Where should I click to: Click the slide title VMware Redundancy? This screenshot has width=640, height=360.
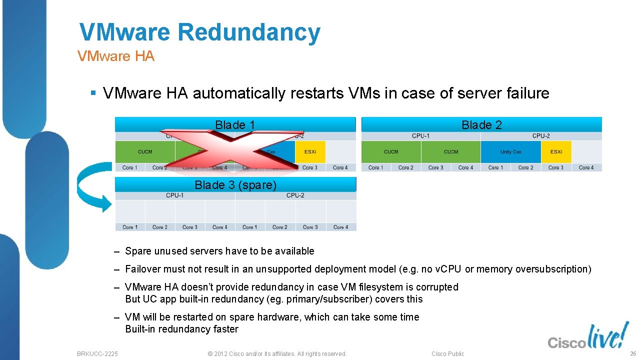(200, 32)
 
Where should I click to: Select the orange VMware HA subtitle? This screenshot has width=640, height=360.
(116, 56)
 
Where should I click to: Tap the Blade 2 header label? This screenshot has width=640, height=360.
(481, 125)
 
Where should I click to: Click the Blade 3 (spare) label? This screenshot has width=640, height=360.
(235, 185)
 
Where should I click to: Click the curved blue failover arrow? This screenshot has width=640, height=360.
(92, 187)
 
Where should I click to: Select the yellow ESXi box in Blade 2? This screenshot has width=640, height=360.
(556, 152)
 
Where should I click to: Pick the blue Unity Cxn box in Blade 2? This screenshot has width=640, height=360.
(510, 152)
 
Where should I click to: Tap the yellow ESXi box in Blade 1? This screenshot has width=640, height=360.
(310, 152)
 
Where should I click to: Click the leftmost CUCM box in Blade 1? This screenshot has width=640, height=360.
(145, 152)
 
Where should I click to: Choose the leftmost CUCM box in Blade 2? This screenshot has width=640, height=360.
(391, 152)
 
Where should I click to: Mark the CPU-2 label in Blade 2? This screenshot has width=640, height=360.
(541, 136)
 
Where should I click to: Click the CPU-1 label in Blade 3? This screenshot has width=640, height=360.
(175, 195)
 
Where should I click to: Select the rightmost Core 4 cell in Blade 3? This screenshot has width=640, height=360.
(340, 227)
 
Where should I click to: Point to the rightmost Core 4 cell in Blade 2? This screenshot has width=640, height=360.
(586, 167)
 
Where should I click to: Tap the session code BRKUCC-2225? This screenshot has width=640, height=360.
(97, 354)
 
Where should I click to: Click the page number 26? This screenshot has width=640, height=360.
(632, 353)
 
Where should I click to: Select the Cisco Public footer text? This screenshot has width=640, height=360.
(447, 354)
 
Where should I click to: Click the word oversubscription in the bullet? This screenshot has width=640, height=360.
(552, 269)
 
